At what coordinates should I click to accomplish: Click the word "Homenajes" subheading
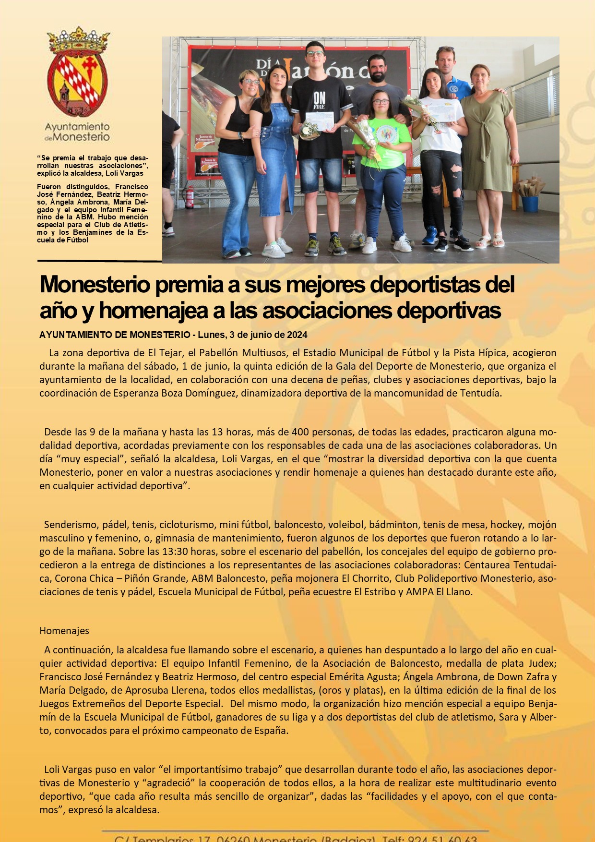click(x=64, y=630)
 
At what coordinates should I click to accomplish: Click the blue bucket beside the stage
click(x=530, y=204)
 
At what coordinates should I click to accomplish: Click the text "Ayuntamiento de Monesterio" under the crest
click(x=77, y=132)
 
